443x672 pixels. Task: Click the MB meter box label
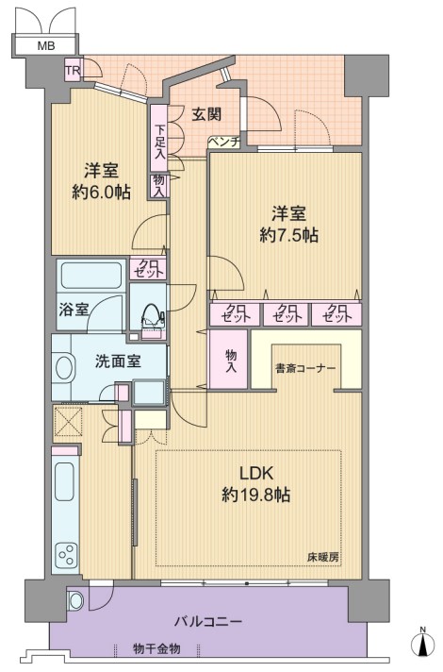(46, 45)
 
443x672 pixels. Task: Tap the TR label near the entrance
(73, 70)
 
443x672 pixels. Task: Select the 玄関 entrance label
(206, 114)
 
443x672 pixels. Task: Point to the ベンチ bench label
(224, 142)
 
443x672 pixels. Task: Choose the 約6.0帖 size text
(101, 193)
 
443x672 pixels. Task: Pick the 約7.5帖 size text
(289, 235)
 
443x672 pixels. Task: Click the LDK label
(256, 473)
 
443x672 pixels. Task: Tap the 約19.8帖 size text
(256, 495)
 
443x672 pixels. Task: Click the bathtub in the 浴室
(91, 276)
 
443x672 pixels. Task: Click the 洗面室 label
(118, 361)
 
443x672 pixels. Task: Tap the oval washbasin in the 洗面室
(64, 367)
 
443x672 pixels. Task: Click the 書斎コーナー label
(305, 368)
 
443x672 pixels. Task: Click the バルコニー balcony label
(208, 621)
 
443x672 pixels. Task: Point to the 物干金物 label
(156, 648)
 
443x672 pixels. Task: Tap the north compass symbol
(423, 644)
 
